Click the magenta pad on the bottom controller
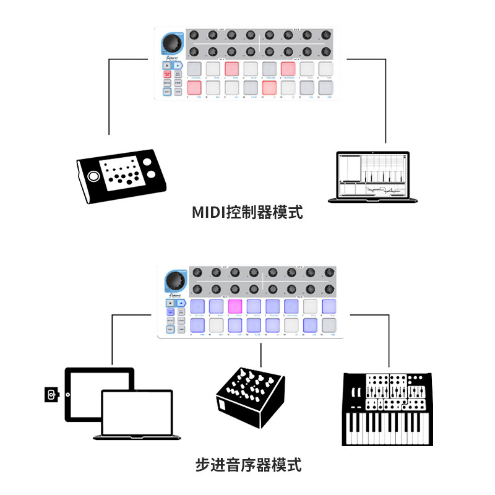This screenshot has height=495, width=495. click(x=235, y=305)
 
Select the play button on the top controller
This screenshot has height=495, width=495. click(x=177, y=65)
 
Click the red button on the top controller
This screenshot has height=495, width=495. click(x=167, y=74)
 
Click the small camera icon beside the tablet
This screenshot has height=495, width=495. click(x=51, y=394)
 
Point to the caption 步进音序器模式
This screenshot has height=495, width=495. click(x=247, y=464)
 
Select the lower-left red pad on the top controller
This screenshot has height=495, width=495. click(x=195, y=88)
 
